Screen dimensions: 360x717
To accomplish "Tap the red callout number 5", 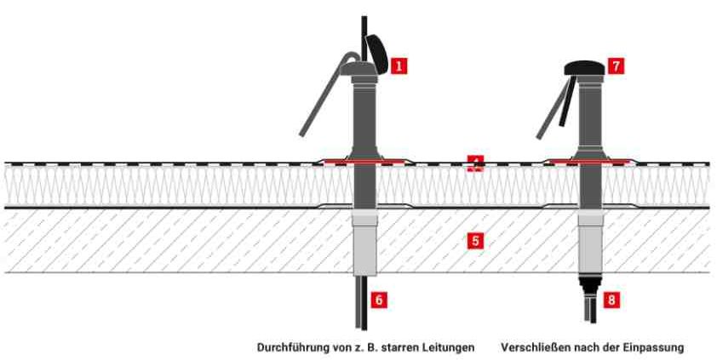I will (476, 241).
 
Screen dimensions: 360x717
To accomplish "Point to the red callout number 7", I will (615, 65).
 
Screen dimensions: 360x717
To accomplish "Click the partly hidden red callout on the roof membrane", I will (476, 163).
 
